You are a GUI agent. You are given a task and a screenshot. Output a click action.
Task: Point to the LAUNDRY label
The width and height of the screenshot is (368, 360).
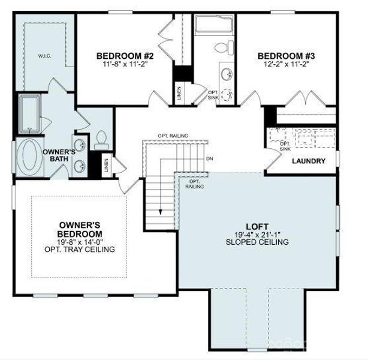(x=309, y=161)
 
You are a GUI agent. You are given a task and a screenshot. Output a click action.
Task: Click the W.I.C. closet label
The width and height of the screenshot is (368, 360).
(x=44, y=57)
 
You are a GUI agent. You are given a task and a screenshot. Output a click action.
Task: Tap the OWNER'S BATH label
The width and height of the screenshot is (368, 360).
(x=59, y=156)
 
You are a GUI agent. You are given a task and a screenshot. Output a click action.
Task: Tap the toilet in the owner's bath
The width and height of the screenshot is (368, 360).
(x=101, y=139)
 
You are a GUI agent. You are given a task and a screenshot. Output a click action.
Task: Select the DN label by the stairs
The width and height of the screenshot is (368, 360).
(x=209, y=159)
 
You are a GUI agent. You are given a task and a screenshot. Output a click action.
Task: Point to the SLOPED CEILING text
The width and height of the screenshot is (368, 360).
(x=257, y=242)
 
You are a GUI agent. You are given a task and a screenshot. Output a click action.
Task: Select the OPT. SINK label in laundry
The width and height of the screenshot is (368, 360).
(x=285, y=146)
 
